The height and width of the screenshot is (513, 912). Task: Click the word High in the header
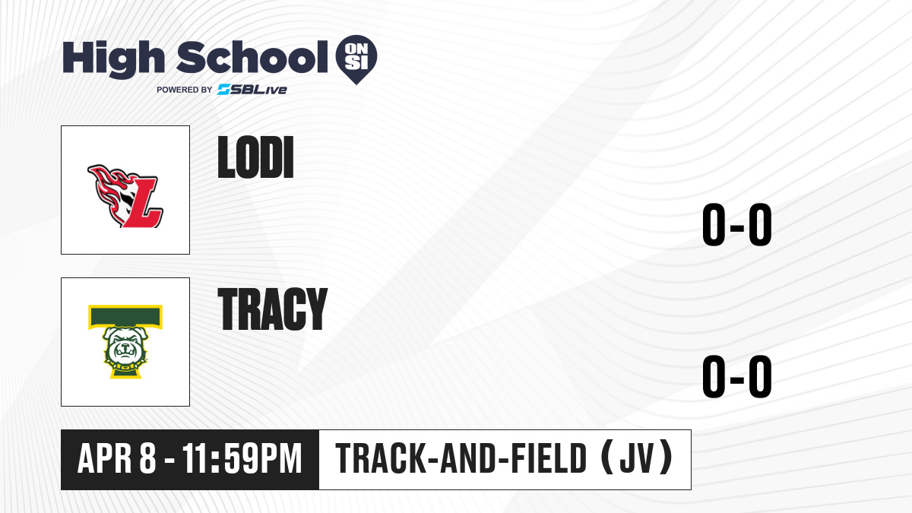coord(113,59)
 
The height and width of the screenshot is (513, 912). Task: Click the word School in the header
coord(252,57)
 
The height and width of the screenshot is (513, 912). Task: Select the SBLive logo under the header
coord(252,90)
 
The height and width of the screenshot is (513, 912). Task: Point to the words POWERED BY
coord(185,90)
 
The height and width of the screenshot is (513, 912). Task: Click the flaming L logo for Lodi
coord(125,196)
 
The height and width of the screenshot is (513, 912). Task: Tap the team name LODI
coord(255,157)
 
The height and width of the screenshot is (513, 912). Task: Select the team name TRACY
coord(272,309)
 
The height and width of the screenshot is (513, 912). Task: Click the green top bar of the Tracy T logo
coord(125,316)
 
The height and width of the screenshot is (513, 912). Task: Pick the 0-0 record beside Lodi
coord(737,224)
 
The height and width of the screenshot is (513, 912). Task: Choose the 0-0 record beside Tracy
coord(737,376)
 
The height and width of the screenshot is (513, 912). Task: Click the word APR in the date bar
coord(105,458)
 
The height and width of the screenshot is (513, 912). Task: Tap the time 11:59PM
coord(242,458)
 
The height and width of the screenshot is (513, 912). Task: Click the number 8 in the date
coord(147,458)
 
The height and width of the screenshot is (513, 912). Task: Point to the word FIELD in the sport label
coord(549,458)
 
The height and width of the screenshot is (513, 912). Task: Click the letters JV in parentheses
coord(637,458)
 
